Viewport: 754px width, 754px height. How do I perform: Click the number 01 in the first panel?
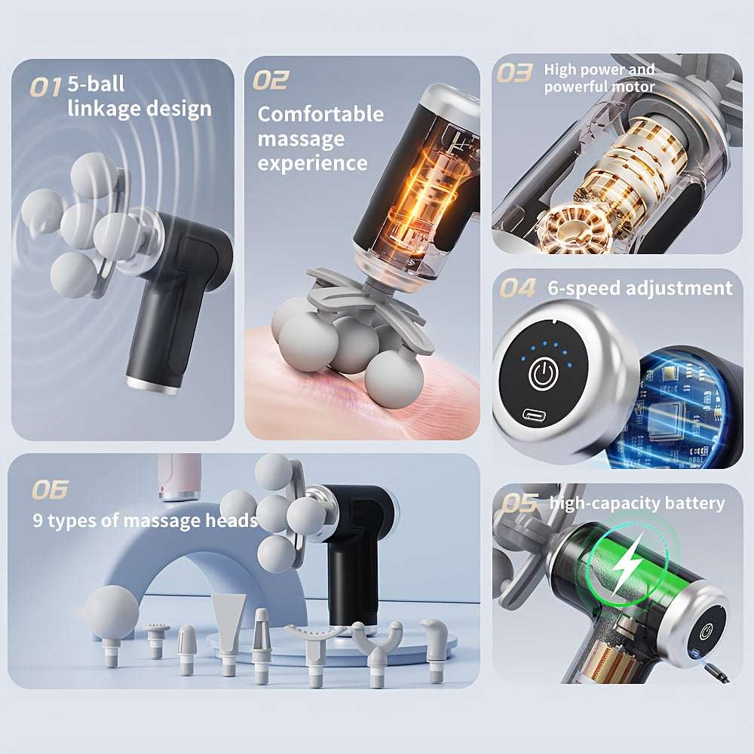coord(46,88)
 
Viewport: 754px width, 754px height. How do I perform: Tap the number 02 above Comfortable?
coord(271,80)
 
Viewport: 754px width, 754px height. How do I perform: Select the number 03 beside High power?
coord(514,73)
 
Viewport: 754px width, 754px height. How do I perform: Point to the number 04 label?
coord(517,288)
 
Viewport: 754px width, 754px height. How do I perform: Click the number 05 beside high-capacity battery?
coord(520,504)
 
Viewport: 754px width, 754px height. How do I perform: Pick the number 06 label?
coord(50,489)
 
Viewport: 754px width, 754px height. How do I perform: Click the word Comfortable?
coord(320,115)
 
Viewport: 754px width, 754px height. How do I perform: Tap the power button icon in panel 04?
coord(544,372)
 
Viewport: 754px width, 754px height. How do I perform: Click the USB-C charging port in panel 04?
coord(535,413)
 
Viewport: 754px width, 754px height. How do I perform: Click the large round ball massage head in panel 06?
coord(112,614)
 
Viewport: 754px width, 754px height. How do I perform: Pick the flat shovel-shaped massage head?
coord(228,630)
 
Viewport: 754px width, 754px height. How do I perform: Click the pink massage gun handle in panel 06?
coord(179,477)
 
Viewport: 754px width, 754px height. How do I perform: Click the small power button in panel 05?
coord(706,631)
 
